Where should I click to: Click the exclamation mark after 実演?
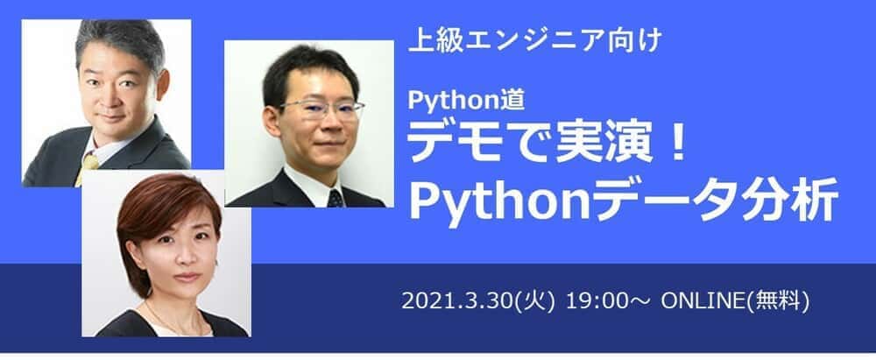tap(675, 141)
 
